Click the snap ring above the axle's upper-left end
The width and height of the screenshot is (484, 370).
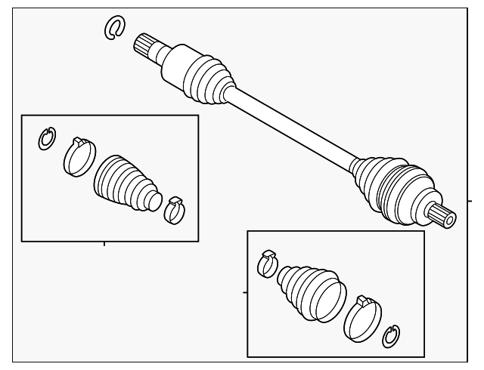(113, 28)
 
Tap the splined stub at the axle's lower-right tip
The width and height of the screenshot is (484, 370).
(442, 215)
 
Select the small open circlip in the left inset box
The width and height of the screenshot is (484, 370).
(47, 139)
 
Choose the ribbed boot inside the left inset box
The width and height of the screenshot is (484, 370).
(125, 183)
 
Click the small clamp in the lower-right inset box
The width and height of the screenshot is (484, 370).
(266, 262)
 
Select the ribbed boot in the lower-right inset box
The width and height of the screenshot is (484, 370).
(310, 291)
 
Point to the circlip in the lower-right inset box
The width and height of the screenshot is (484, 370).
(391, 336)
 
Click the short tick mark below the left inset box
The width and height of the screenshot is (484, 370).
(104, 244)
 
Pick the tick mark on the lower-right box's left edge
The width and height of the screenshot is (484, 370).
(244, 291)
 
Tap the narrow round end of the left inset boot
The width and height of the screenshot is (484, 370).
(154, 201)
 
